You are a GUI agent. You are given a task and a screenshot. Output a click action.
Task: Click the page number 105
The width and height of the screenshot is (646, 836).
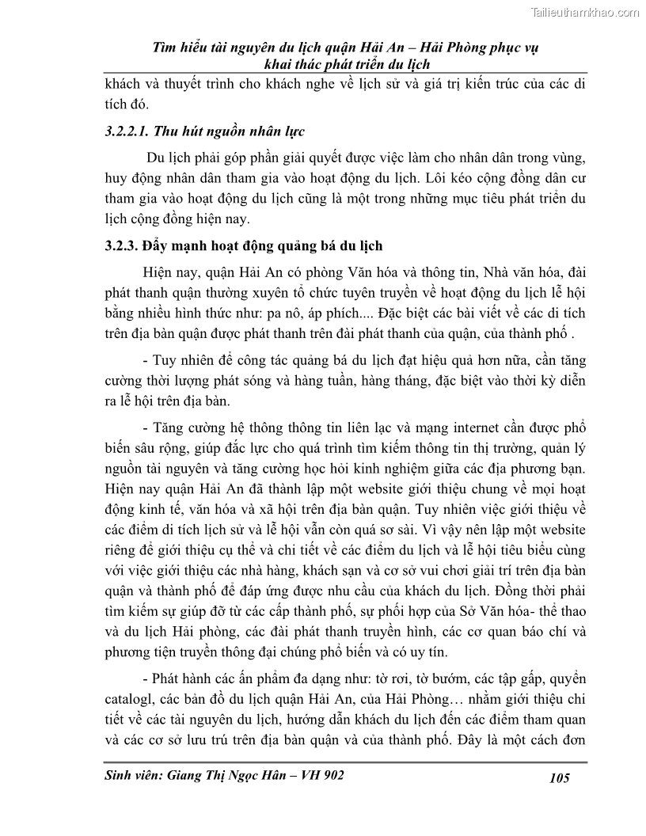pos(559,777)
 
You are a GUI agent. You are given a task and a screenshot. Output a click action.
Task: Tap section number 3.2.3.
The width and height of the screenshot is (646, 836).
pos(121,245)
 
